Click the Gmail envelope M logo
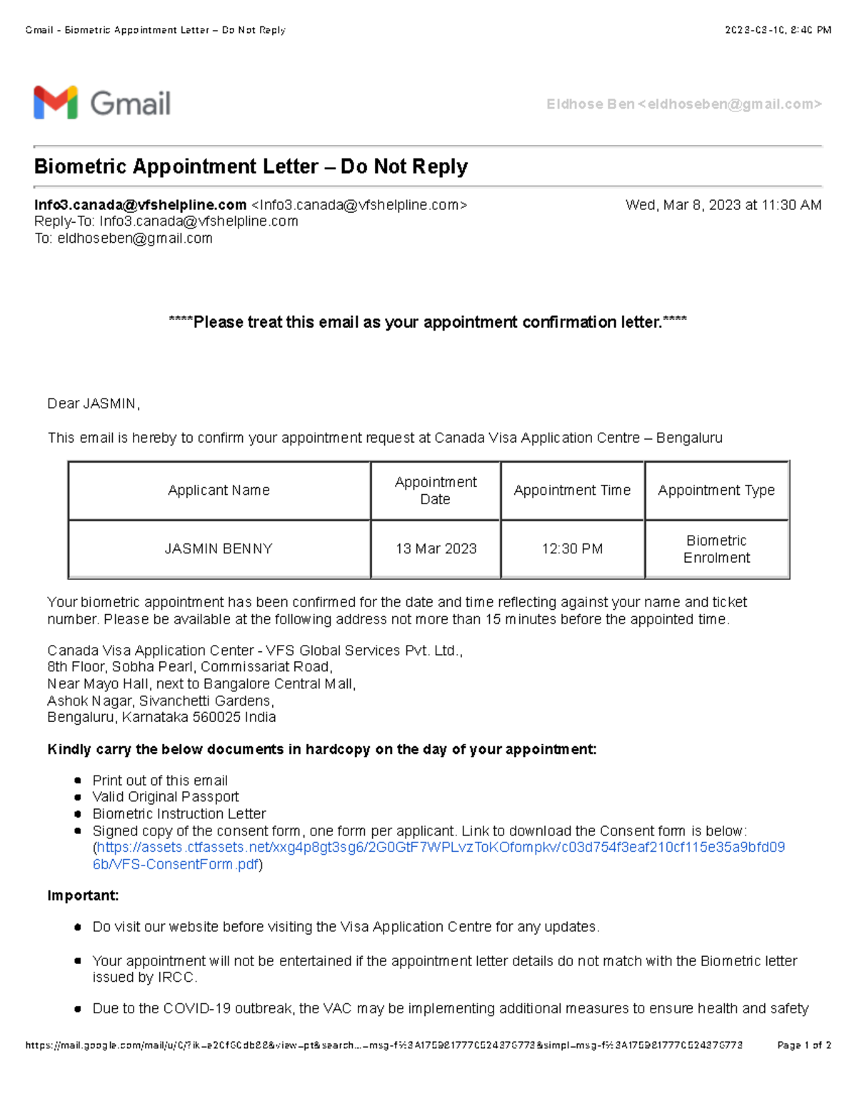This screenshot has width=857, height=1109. coord(55,103)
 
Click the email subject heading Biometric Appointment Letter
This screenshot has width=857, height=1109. coord(251,166)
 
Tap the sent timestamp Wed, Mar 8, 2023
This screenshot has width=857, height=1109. coord(723,205)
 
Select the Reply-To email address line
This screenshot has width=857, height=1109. coord(166,221)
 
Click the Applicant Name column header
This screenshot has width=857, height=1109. coord(219,490)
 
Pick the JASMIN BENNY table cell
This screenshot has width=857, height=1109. coord(219,548)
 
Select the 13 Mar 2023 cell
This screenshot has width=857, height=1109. coord(436,548)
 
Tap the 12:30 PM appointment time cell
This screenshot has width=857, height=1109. coord(572,548)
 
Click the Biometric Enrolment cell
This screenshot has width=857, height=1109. coord(716,548)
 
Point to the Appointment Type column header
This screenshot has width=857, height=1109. coord(716,490)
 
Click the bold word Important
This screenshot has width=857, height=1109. coord(83,895)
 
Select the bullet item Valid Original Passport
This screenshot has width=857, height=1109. coord(166,797)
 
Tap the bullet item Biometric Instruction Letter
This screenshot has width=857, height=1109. coord(179,814)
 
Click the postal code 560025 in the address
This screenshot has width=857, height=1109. coord(216,717)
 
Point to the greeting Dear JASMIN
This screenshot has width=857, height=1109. coord(93,403)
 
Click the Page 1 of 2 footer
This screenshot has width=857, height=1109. coord(803,1045)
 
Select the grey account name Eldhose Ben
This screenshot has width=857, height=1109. coord(590,104)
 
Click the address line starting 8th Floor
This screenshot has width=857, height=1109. coord(189,667)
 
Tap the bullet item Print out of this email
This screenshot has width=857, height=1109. coord(160,781)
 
